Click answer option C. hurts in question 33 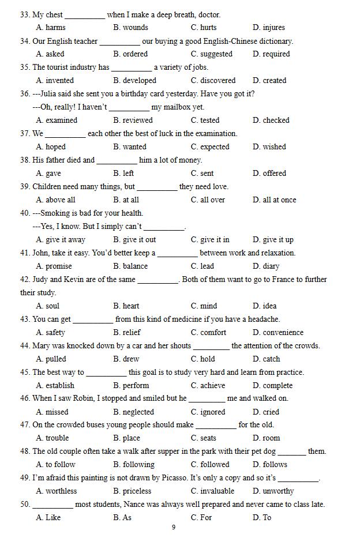(x=204, y=27)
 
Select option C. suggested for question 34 (x=211, y=54)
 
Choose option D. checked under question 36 (x=271, y=120)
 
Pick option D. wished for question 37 (x=269, y=146)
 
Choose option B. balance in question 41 (x=130, y=266)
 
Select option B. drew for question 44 (x=126, y=359)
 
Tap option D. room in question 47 (x=266, y=438)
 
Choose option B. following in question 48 (x=134, y=464)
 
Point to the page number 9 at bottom (x=174, y=527)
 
